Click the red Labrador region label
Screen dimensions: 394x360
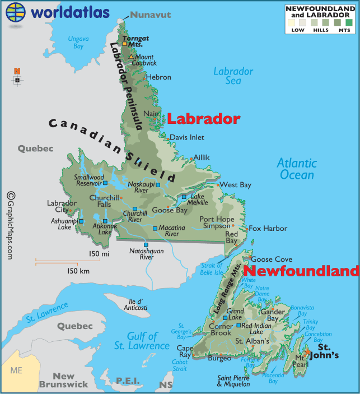(204, 119)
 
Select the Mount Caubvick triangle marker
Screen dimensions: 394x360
(131, 57)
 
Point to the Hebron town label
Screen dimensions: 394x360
(158, 77)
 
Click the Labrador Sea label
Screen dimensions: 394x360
(233, 76)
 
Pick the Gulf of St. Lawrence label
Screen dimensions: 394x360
(134, 341)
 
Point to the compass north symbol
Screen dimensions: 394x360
(17, 71)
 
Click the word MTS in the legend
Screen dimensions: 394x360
(344, 30)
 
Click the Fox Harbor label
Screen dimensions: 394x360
(268, 228)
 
